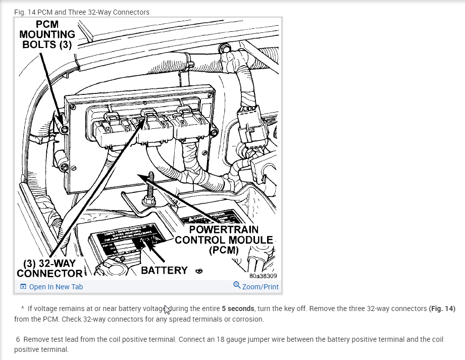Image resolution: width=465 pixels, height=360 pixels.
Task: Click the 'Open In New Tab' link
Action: pyautogui.click(x=56, y=287)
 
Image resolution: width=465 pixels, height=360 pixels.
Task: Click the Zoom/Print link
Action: pyautogui.click(x=260, y=287)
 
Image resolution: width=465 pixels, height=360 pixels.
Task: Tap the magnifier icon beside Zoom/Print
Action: pyautogui.click(x=237, y=286)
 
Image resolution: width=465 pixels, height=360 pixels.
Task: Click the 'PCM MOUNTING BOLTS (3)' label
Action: pyautogui.click(x=47, y=34)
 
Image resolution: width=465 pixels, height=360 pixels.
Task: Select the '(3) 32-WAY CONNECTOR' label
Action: pyautogui.click(x=49, y=268)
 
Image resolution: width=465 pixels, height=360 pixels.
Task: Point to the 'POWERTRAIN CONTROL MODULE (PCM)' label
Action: pyautogui.click(x=224, y=240)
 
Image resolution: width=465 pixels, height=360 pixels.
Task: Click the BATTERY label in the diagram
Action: pyautogui.click(x=164, y=270)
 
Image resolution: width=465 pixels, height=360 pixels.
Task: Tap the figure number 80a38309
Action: pyautogui.click(x=263, y=276)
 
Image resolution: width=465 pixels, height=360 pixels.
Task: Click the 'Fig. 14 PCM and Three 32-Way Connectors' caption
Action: pyautogui.click(x=82, y=12)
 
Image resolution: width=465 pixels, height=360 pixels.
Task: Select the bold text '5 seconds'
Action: pyautogui.click(x=238, y=308)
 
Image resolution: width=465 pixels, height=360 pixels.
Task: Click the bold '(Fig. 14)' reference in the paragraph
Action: pyautogui.click(x=442, y=308)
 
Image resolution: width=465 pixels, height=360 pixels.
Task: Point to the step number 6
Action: pyautogui.click(x=18, y=339)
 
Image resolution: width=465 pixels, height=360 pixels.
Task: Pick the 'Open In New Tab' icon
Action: pyautogui.click(x=23, y=287)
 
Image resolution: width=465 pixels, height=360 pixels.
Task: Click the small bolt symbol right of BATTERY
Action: pyautogui.click(x=199, y=271)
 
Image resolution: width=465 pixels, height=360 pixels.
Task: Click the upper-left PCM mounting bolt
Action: pyautogui.click(x=64, y=130)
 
